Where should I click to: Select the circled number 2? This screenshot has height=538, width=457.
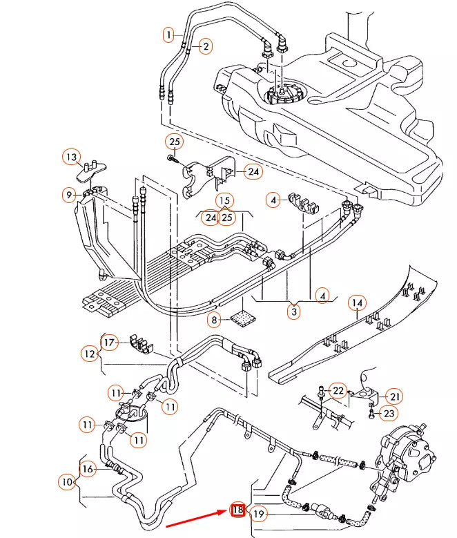click(205, 46)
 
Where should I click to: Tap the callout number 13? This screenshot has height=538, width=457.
click(72, 157)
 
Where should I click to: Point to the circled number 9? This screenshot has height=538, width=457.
click(69, 195)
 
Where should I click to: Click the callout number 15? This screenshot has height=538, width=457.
click(224, 201)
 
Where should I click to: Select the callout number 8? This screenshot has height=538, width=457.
click(215, 320)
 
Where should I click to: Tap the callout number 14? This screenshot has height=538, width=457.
click(357, 303)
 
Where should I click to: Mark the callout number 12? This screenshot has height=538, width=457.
click(90, 354)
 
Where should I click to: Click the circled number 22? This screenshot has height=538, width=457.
click(338, 391)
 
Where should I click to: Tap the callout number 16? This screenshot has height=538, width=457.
click(88, 469)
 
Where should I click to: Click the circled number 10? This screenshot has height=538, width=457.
click(68, 481)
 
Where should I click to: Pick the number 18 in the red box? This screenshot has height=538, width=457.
click(237, 510)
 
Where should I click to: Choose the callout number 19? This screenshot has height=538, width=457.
click(259, 514)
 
